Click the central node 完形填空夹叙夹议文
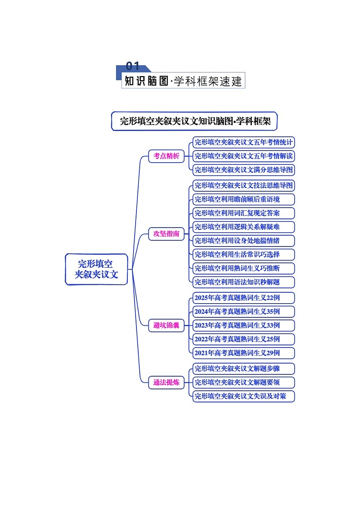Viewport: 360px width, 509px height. click(97, 269)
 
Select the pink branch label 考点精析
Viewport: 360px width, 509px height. click(166, 156)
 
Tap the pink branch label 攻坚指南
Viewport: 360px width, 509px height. click(166, 234)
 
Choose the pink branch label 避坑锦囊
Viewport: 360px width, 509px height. click(166, 325)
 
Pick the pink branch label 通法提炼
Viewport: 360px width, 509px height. click(166, 382)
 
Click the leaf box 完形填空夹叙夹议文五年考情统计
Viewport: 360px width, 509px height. click(243, 142)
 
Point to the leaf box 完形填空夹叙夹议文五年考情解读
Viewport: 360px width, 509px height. click(243, 156)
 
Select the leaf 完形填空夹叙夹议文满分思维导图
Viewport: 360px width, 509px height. click(243, 170)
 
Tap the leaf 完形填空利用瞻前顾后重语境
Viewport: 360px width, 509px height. click(243, 199)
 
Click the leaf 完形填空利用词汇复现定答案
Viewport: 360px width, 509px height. click(243, 213)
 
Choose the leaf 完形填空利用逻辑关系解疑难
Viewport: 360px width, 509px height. click(243, 227)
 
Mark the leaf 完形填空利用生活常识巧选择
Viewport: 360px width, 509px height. click(243, 254)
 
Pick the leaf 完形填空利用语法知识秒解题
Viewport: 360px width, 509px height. click(243, 282)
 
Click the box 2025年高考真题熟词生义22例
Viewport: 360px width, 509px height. click(243, 298)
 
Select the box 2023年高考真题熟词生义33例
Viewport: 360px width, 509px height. click(243, 325)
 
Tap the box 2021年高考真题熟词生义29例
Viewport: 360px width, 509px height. click(243, 353)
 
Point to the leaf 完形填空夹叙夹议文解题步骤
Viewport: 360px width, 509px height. click(243, 368)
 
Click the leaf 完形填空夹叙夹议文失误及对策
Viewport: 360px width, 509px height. click(243, 396)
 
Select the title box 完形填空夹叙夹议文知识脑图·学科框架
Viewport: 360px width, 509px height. click(195, 121)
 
